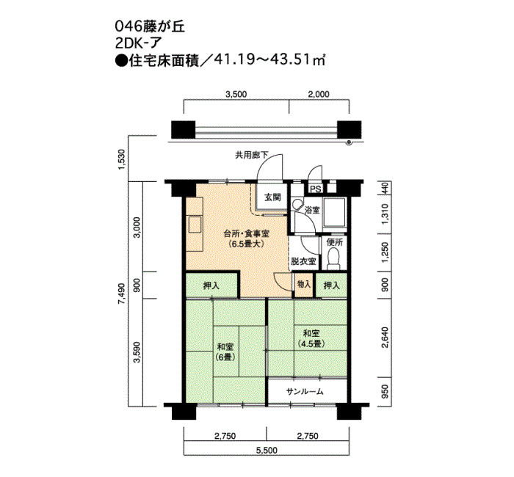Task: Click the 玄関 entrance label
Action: [272, 197]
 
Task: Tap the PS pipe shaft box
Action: [316, 189]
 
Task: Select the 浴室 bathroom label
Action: [312, 210]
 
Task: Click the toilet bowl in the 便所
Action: [333, 258]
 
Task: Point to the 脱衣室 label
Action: [303, 261]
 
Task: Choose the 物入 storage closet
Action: [304, 285]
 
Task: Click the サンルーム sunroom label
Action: [305, 391]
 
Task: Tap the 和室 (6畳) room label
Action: [225, 352]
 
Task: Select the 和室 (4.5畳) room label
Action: [311, 338]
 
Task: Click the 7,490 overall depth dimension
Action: [122, 294]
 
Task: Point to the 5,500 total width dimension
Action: [267, 450]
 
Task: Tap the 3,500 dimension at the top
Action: [236, 95]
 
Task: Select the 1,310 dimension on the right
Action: [385, 214]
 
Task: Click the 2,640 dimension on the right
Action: [385, 337]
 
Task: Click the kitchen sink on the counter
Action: [194, 224]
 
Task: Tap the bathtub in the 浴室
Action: [334, 212]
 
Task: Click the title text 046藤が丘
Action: [150, 26]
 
